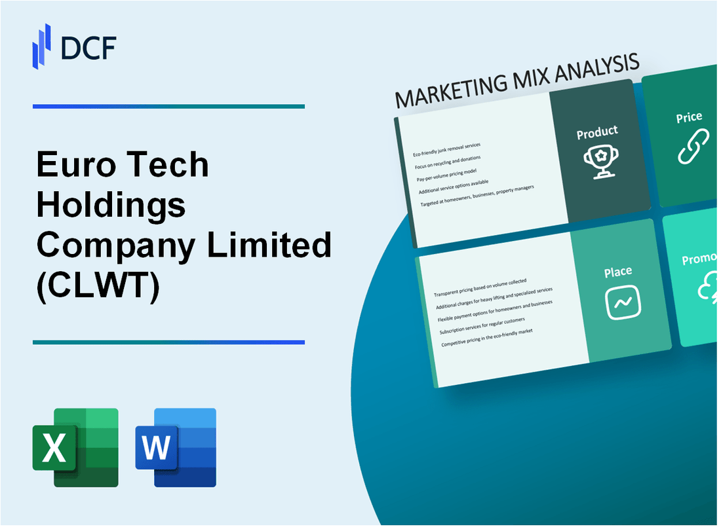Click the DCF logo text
click(x=89, y=48)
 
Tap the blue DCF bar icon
click(x=42, y=46)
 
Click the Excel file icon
click(x=75, y=447)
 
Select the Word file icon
click(x=176, y=447)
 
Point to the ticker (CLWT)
click(x=98, y=285)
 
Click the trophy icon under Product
click(x=597, y=160)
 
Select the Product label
click(x=596, y=133)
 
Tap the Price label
click(x=689, y=118)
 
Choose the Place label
click(x=617, y=271)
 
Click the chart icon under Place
click(x=622, y=302)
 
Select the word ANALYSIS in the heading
click(x=598, y=68)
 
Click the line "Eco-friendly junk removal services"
click(x=447, y=149)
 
